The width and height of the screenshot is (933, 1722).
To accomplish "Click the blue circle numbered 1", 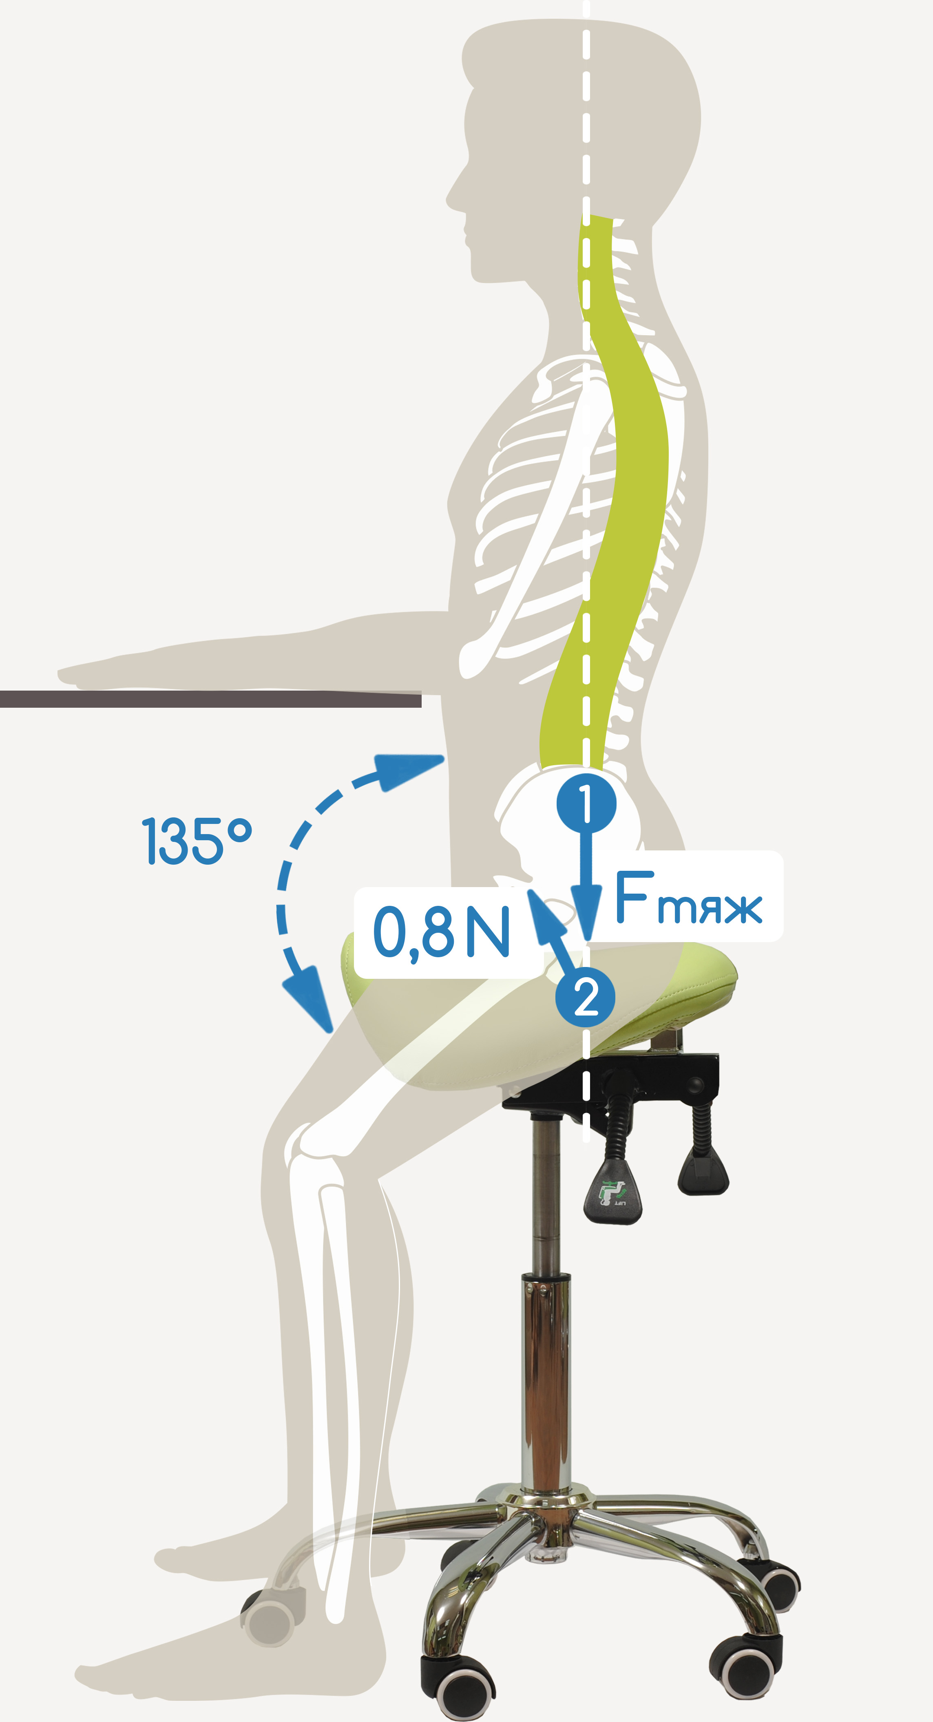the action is pos(586,803).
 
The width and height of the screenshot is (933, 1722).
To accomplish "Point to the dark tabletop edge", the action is pos(211,699).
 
